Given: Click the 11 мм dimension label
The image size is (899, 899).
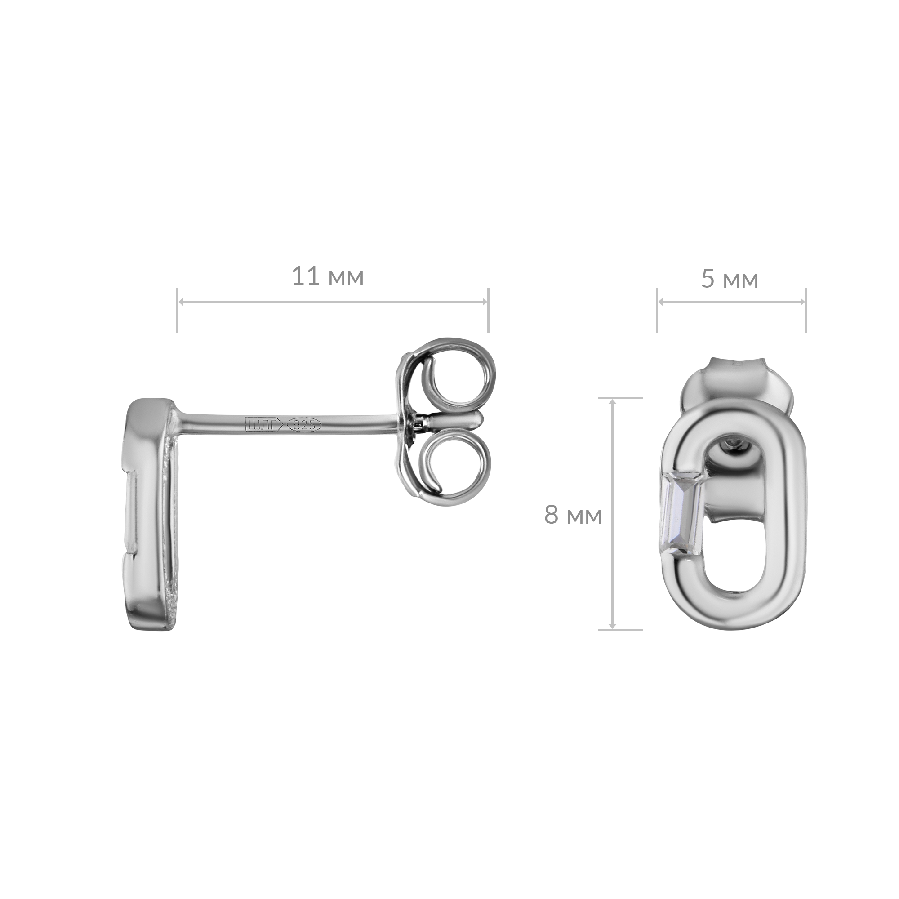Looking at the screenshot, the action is point(328,277).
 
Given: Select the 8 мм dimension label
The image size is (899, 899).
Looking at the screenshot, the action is point(573,516).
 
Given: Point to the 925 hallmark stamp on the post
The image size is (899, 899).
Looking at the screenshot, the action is point(305,424).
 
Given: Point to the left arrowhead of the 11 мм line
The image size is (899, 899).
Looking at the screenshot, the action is point(182,302).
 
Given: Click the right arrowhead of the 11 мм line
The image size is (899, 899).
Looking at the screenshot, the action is point(484,302).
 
